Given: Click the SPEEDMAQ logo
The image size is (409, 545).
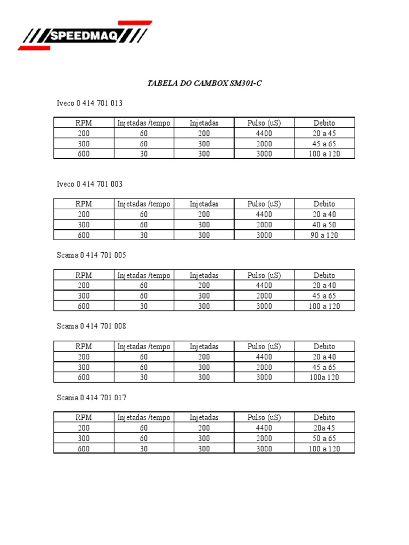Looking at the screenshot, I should point(85,36).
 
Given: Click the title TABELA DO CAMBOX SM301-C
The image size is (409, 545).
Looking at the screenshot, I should point(204,84).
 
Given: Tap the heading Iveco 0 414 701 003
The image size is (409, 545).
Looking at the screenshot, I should point(89,184).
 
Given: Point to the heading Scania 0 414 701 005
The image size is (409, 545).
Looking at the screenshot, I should point(91,255).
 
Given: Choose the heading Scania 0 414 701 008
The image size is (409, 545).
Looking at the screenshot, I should point(91,326).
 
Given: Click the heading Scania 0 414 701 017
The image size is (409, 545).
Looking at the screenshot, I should point(91,398).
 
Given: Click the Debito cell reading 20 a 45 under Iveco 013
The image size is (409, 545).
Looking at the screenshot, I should point(324,133).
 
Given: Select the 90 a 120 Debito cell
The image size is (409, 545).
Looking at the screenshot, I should point(324,235).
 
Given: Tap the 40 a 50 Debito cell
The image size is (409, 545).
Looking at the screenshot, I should point(324,225).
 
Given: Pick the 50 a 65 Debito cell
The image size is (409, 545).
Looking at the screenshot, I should point(324,439).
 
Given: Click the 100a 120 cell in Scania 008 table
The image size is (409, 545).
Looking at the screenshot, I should point(324,377).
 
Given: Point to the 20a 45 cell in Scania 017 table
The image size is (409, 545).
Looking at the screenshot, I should point(324,428).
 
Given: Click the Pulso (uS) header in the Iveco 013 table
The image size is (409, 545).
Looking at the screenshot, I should point(264,123).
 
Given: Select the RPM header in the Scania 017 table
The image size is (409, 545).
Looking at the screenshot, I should point(84,418).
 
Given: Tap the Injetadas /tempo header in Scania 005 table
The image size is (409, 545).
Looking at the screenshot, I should point(144,275).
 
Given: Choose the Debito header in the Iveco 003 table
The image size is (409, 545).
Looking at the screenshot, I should point(324,204).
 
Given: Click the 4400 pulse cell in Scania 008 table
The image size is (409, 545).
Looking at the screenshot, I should point(264,357).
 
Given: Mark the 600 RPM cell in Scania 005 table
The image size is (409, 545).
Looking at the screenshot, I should point(84,306).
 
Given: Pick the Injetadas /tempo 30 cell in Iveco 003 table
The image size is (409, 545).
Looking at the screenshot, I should point(144,235).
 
